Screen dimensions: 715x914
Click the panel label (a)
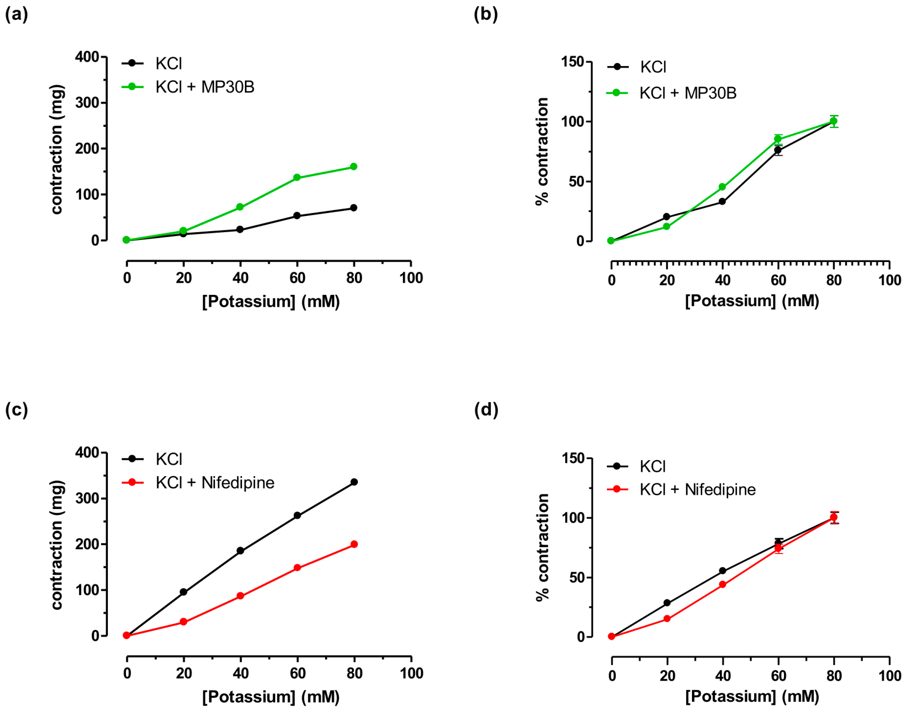pos(16,15)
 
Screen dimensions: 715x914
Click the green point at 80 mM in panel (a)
pos(354,167)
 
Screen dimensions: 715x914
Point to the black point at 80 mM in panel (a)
pos(354,208)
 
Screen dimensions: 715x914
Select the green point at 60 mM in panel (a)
pos(297,178)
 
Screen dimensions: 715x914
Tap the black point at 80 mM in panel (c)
pos(354,482)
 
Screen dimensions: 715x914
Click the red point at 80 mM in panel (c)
pos(354,544)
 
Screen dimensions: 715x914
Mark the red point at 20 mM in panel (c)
pos(183,622)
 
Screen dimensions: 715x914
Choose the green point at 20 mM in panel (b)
pos(667,227)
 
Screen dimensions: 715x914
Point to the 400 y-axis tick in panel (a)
pos(87,57)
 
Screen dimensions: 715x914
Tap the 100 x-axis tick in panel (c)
pos(411,673)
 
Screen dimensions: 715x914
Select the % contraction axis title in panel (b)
pos(542,151)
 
